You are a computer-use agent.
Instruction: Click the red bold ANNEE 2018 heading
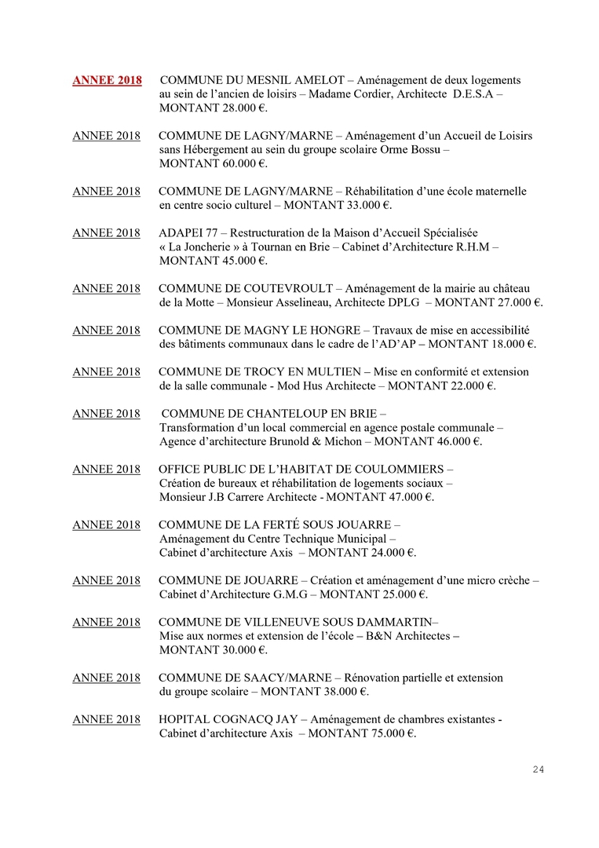pyautogui.click(x=107, y=81)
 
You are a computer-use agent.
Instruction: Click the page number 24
pyautogui.click(x=538, y=769)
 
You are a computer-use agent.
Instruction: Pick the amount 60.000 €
pyautogui.click(x=239, y=163)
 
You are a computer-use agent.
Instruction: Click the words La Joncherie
pyautogui.click(x=205, y=247)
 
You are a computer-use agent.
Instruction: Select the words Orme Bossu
pyautogui.click(x=408, y=149)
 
